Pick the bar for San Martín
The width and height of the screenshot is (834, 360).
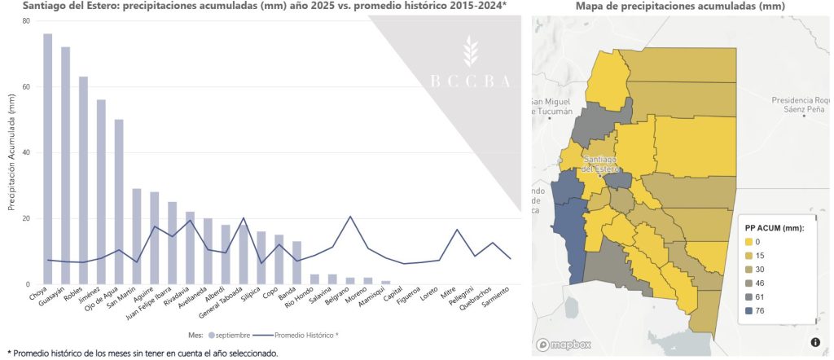[x=137, y=236]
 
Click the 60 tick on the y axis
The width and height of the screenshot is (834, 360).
[x=27, y=86]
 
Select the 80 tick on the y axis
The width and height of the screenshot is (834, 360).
[x=27, y=20]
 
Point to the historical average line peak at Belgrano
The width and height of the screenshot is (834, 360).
[x=350, y=217]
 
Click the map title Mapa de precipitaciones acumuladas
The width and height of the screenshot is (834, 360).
[x=679, y=7]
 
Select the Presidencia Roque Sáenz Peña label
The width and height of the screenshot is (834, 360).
[x=802, y=105]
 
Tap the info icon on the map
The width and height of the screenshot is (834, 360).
[x=815, y=341]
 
